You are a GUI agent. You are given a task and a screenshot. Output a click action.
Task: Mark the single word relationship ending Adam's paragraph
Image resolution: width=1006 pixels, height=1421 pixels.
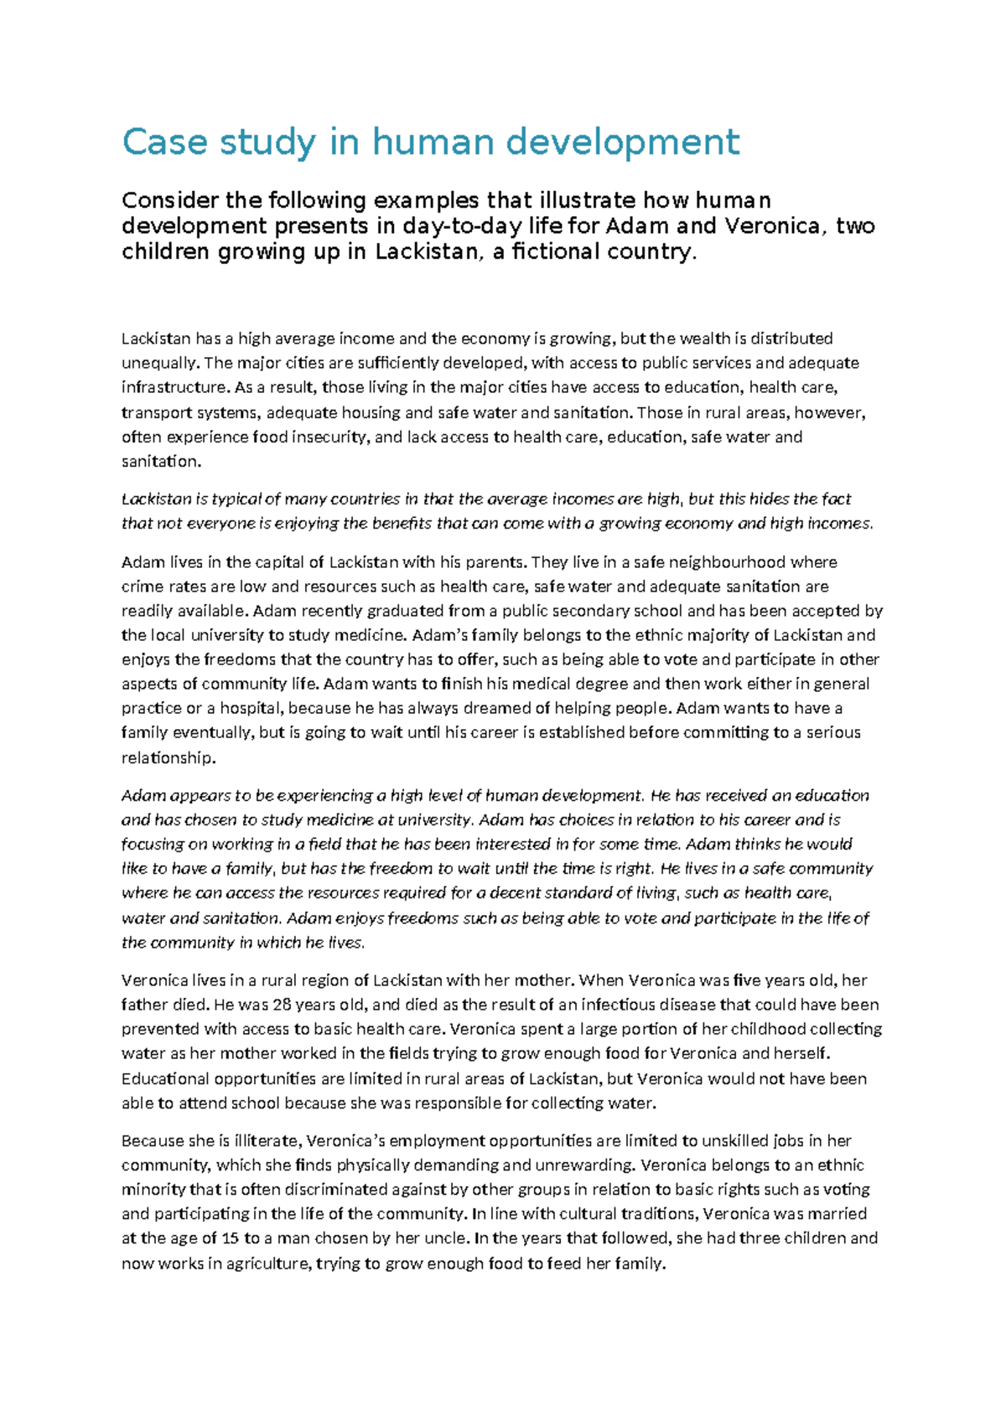[168, 757]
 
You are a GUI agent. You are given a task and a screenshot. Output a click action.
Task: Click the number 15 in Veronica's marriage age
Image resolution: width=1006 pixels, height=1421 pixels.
[230, 1238]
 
